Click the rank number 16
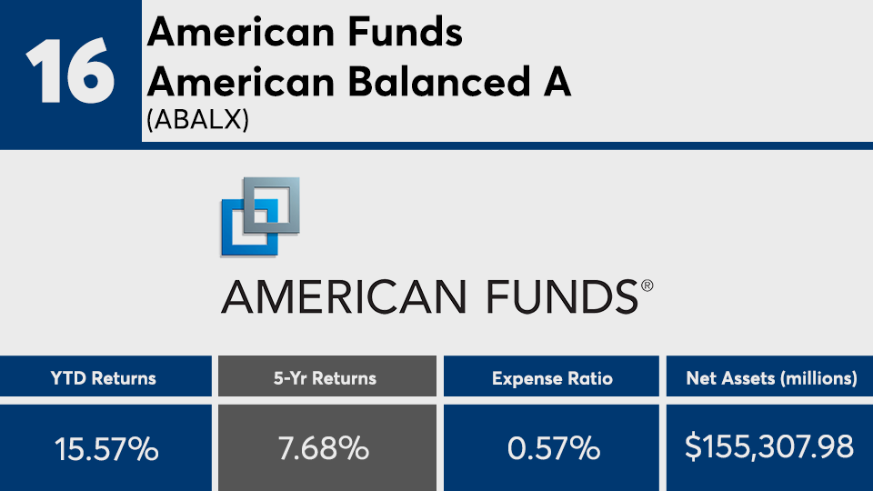point(70,71)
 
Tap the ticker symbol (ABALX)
point(197,119)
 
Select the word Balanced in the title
point(439,82)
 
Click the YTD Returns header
point(104,378)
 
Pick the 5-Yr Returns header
point(325,378)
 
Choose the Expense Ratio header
point(552,378)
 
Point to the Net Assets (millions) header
point(772,378)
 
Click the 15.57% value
point(106,448)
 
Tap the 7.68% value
point(324,448)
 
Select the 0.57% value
point(554,448)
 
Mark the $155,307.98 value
point(769,447)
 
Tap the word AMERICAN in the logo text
point(344,297)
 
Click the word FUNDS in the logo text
point(562,297)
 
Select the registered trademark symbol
point(647,286)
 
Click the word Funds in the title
point(406,33)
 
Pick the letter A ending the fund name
point(557,82)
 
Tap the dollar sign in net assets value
point(693,447)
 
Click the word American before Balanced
point(241,82)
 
